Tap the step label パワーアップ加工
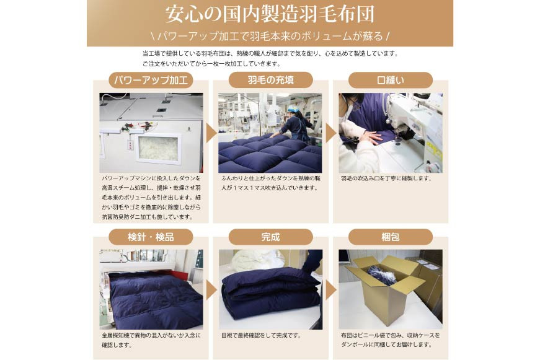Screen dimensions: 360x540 (151, 80)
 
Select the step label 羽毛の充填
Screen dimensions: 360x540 (270, 80)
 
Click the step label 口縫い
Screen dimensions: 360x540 (390, 80)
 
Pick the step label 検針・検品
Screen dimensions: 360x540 (151, 237)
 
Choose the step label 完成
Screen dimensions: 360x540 (270, 237)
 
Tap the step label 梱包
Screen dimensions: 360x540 (390, 237)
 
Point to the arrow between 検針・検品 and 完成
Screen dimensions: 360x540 (211, 289)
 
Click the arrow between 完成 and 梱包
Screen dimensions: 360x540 (330, 289)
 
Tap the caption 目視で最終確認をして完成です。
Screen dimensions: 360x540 (261, 335)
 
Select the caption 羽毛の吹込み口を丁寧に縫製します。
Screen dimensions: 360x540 (386, 178)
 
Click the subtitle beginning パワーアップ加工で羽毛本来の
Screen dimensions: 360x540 (270, 35)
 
